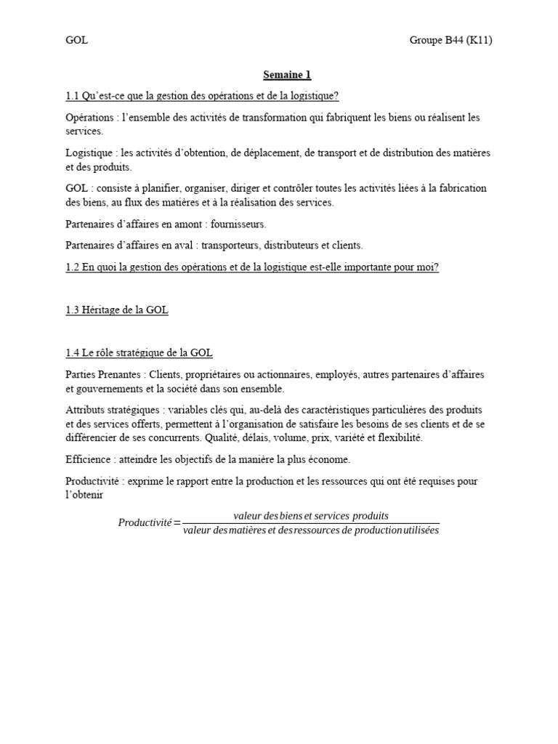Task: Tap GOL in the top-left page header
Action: click(x=76, y=40)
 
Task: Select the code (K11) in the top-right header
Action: click(x=476, y=40)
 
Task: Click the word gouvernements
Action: click(x=108, y=389)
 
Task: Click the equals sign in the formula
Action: click(x=177, y=523)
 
